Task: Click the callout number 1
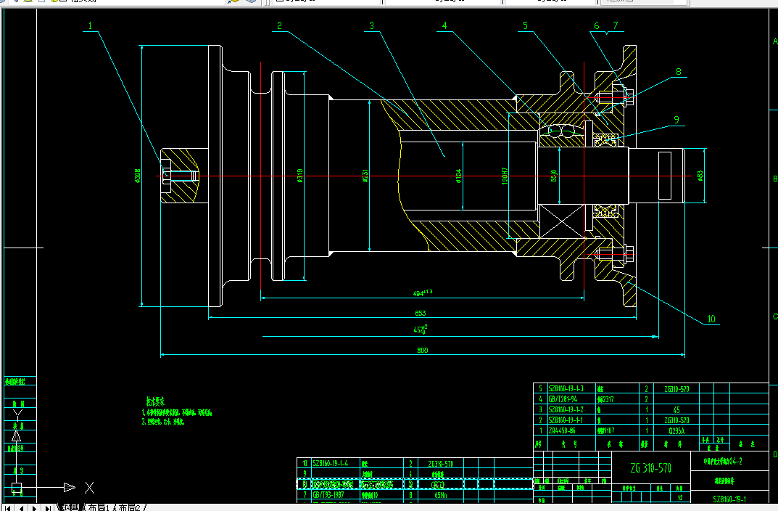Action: pos(91,25)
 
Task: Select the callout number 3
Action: pos(371,25)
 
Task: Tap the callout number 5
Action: pos(525,25)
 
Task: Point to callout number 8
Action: pos(679,72)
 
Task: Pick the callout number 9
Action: pos(676,120)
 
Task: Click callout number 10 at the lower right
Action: pos(711,319)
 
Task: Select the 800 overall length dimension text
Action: pos(423,350)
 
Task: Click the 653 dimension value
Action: pos(421,313)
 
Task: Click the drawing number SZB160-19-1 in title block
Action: pos(729,499)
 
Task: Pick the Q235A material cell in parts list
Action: pos(671,430)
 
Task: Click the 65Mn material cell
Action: pos(440,495)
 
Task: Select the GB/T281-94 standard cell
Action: pos(566,399)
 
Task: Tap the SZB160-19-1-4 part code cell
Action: pos(330,463)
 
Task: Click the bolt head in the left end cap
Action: pos(167,176)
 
